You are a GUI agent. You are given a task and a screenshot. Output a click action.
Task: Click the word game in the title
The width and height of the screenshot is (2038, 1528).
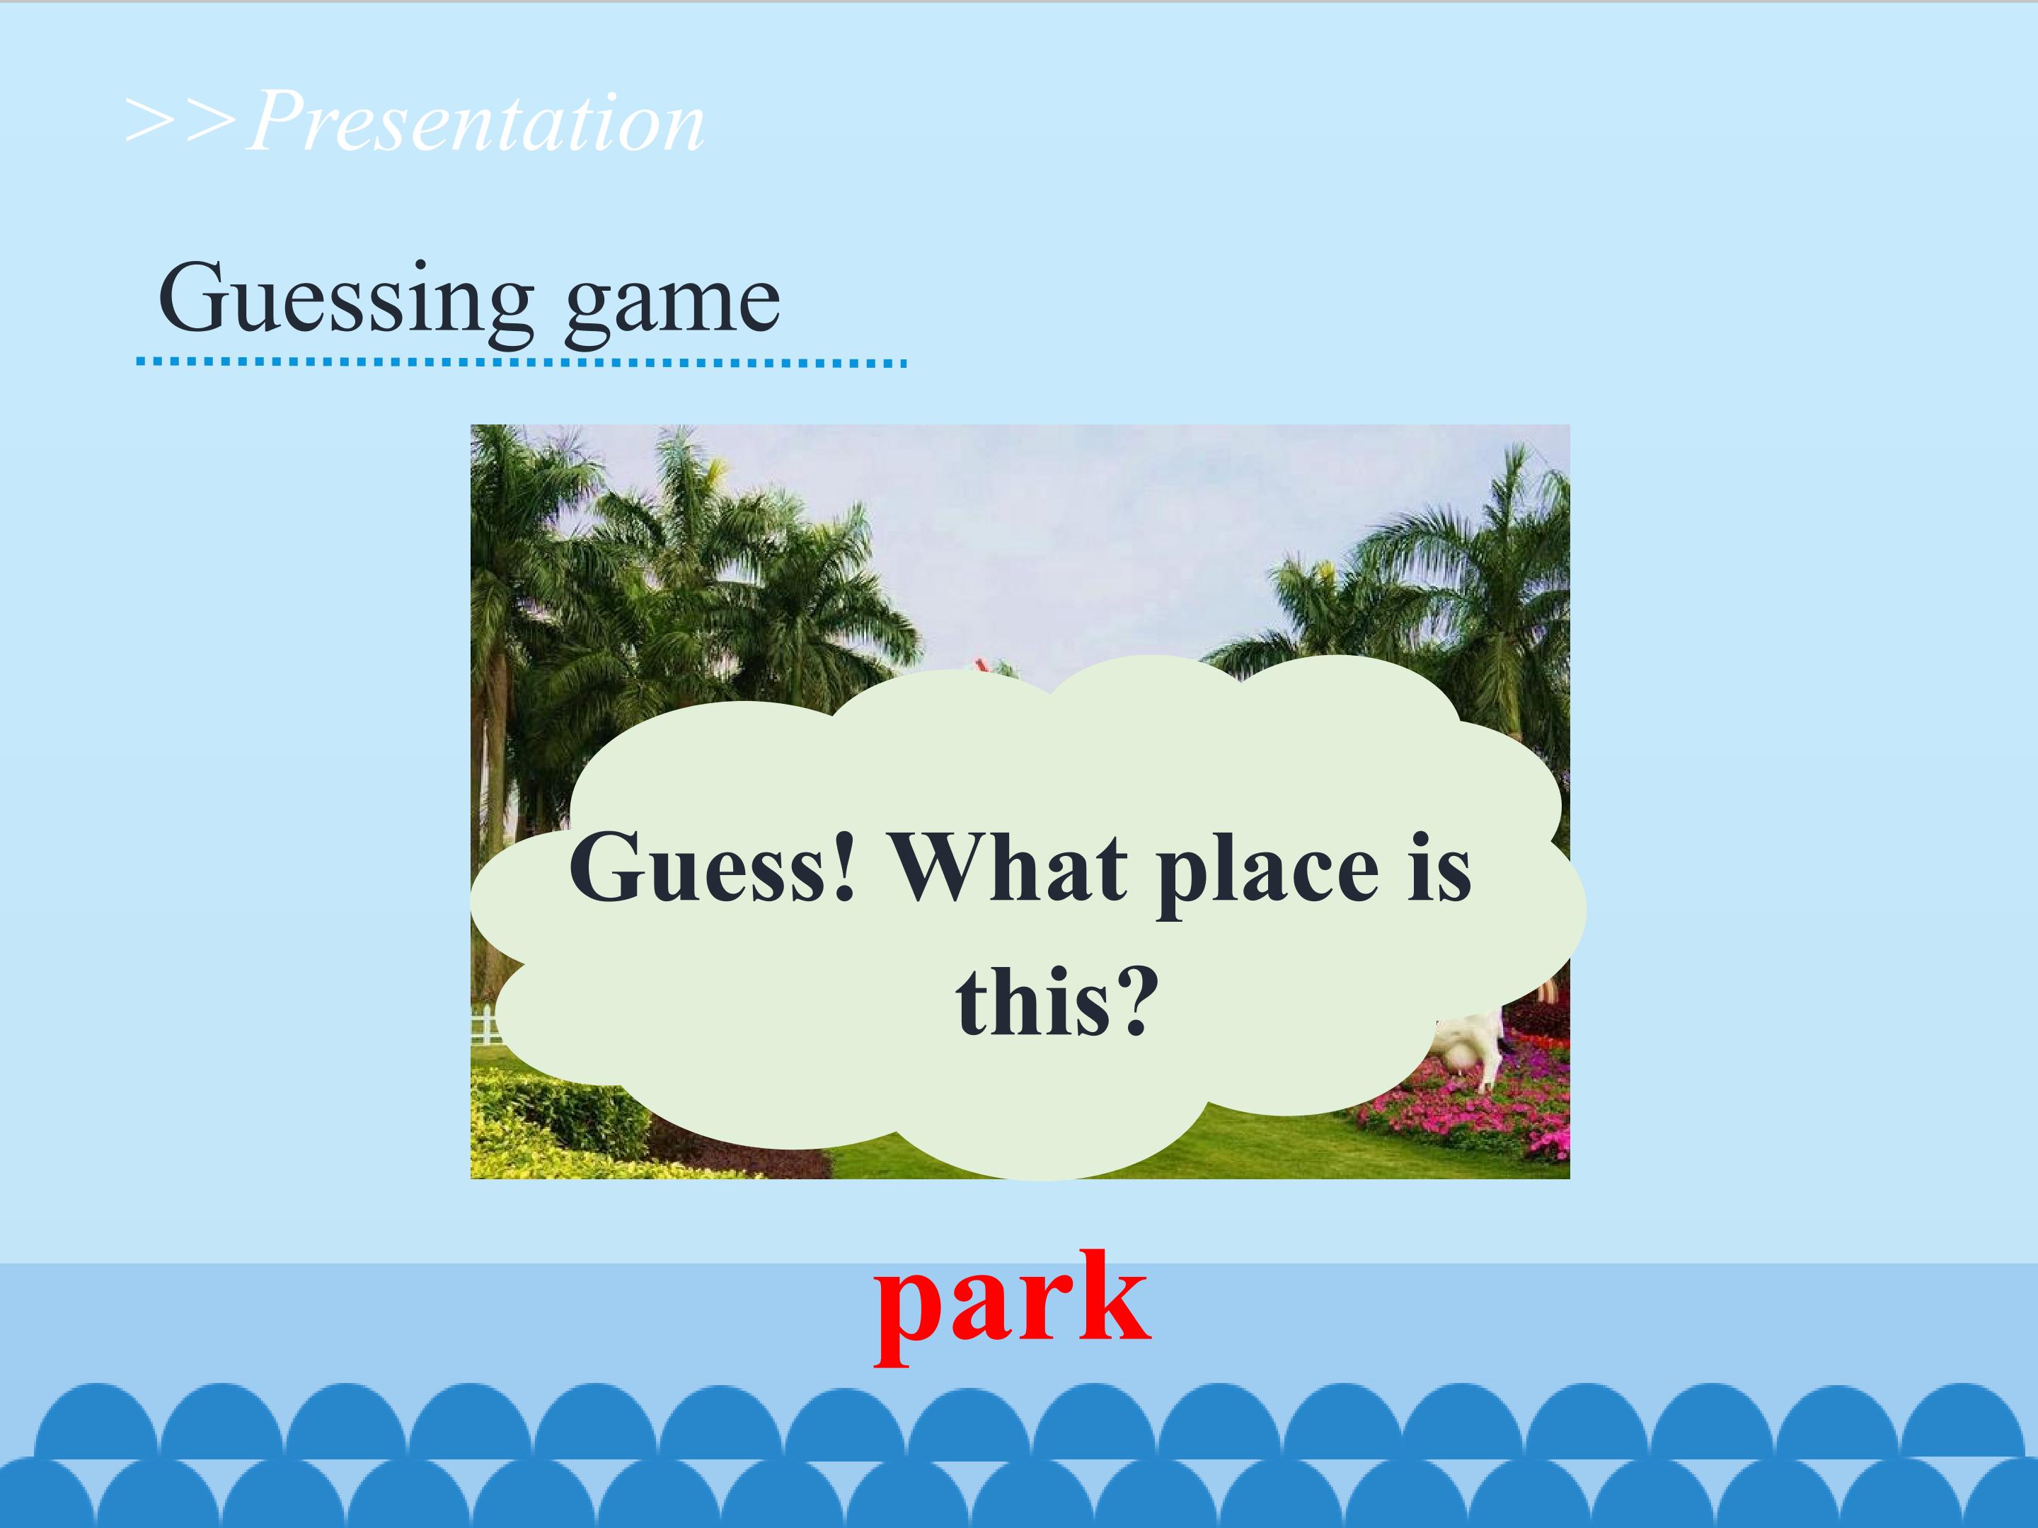click(x=672, y=304)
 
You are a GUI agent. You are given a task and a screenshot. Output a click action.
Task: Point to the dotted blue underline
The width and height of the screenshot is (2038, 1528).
click(x=521, y=363)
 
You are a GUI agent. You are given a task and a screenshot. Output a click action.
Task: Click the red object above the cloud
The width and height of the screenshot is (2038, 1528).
click(x=979, y=665)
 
